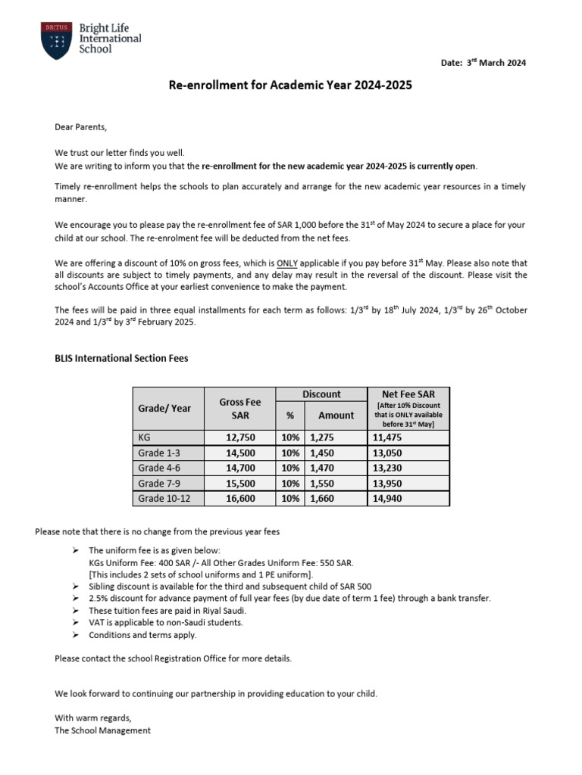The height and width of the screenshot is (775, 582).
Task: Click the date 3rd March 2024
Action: coord(483,63)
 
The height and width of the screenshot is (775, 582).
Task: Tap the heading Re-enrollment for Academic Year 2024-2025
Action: coord(290,86)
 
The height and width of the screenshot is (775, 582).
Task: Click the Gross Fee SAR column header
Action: coord(239,409)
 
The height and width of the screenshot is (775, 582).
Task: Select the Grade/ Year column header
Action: coord(164,409)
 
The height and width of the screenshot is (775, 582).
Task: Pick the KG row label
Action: coord(145,437)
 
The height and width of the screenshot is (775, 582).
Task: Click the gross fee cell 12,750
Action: coord(239,437)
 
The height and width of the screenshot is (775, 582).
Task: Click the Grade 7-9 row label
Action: coord(160,483)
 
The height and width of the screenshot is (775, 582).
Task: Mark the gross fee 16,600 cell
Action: coord(239,498)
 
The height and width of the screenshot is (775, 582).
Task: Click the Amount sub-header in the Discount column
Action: coord(336,415)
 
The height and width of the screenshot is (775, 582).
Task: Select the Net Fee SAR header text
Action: coord(408,394)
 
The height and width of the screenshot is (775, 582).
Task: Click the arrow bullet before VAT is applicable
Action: coord(77,623)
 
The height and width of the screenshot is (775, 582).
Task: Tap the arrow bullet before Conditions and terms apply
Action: coord(77,635)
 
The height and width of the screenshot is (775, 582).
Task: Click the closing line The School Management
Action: coord(103,730)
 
